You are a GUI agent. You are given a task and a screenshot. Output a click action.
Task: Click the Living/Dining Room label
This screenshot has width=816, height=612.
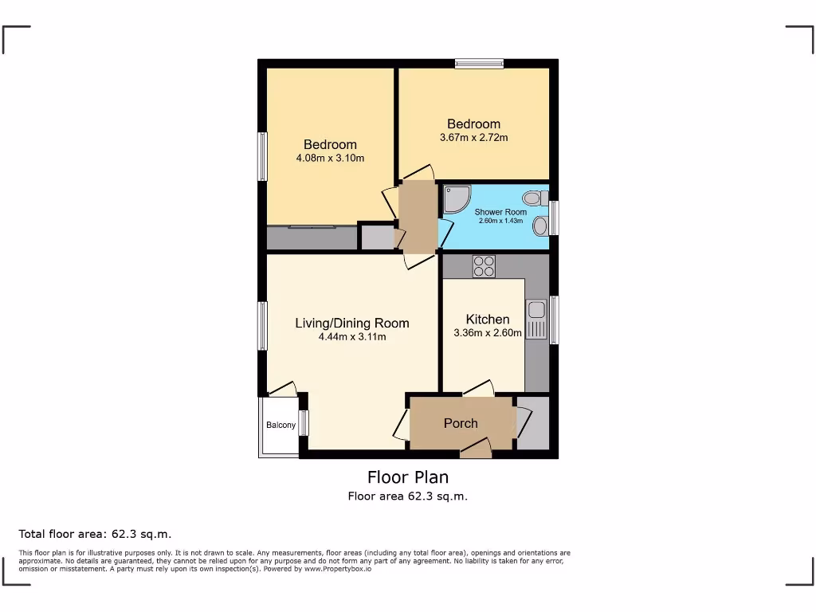click(351, 323)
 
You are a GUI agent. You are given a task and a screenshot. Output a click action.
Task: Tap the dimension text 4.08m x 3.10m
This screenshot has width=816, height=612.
click(330, 158)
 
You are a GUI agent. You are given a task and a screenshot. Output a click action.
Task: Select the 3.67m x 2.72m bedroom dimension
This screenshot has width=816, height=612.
click(473, 137)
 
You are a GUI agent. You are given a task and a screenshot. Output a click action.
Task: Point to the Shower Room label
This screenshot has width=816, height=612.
click(500, 212)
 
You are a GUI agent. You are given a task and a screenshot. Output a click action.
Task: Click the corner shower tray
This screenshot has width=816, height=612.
click(457, 198)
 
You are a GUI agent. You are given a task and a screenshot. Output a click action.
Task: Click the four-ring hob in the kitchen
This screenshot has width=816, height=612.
click(484, 265)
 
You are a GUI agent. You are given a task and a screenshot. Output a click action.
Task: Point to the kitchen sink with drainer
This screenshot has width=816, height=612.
click(535, 319)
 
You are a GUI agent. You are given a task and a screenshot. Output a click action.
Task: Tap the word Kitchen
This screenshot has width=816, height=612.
click(487, 320)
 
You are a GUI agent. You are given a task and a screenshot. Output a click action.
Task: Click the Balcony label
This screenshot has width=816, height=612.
click(280, 425)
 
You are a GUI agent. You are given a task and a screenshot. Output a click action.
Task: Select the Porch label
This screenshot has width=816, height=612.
click(461, 423)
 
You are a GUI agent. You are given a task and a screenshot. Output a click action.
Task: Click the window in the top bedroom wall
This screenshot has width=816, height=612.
click(479, 63)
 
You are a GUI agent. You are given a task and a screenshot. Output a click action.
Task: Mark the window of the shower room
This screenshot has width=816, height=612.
click(554, 218)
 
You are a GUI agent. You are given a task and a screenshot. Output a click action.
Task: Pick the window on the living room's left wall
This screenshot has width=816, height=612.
click(261, 326)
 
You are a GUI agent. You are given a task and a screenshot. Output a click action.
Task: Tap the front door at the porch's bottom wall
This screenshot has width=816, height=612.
click(476, 451)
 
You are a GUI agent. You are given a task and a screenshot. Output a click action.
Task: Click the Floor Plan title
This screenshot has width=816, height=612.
click(407, 477)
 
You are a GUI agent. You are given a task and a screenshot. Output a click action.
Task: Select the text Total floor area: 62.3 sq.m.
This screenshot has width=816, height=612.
click(95, 534)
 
